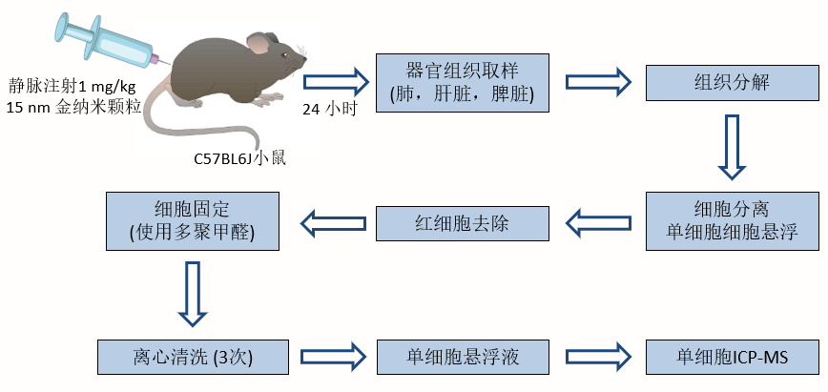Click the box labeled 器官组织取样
click(464, 83)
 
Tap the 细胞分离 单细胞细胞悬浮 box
click(732, 220)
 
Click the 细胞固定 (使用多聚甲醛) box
click(193, 220)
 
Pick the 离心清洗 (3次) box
click(193, 357)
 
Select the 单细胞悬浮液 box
click(464, 357)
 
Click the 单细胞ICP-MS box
click(732, 357)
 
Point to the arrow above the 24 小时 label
click(336, 80)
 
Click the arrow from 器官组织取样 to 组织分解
click(597, 81)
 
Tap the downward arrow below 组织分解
click(732, 147)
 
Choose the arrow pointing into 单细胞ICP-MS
click(598, 357)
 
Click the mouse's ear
click(259, 43)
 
